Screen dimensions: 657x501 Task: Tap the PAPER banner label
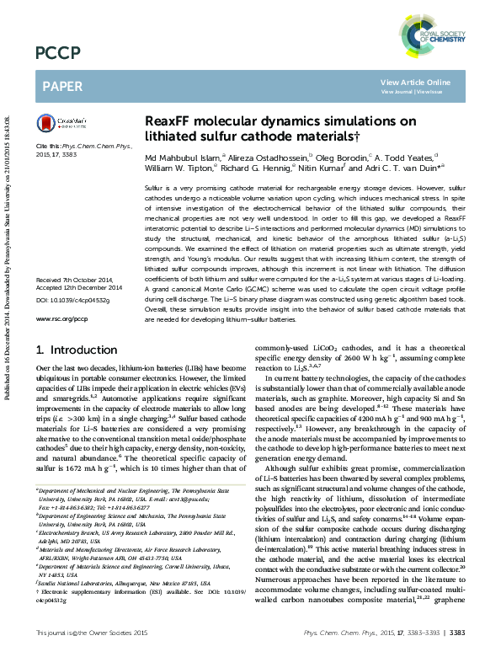coord(62,87)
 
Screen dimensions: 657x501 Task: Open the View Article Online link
coord(416,82)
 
